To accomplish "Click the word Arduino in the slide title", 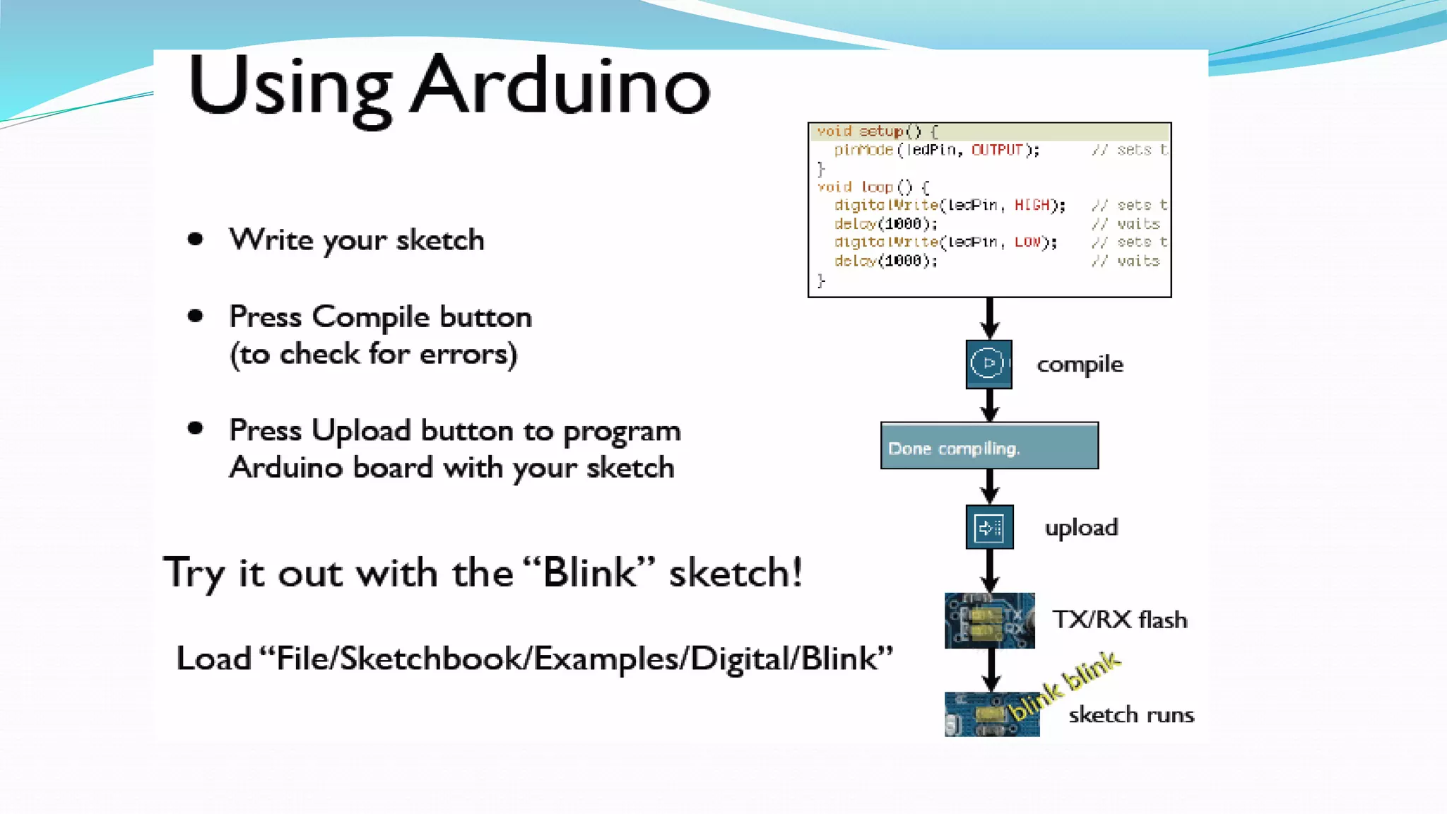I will pos(561,86).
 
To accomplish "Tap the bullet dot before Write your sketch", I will pos(196,240).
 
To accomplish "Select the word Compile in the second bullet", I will pos(370,317).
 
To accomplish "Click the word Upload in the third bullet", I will pos(360,430).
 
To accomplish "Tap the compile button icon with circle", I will pos(988,364).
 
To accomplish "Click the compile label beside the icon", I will pos(1080,365).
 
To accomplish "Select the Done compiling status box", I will pos(989,446).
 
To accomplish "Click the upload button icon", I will pos(989,527).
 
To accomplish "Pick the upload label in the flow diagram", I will pos(1081,528).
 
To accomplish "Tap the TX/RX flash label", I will pos(1120,620).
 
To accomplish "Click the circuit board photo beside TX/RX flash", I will pos(989,620).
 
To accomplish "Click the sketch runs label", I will pos(1131,715).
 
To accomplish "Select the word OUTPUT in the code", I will pos(997,150).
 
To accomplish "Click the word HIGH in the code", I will pos(1032,205).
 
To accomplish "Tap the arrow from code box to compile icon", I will pos(990,318).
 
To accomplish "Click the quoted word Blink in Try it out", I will pos(589,572).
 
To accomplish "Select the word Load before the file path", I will pos(213,659).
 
